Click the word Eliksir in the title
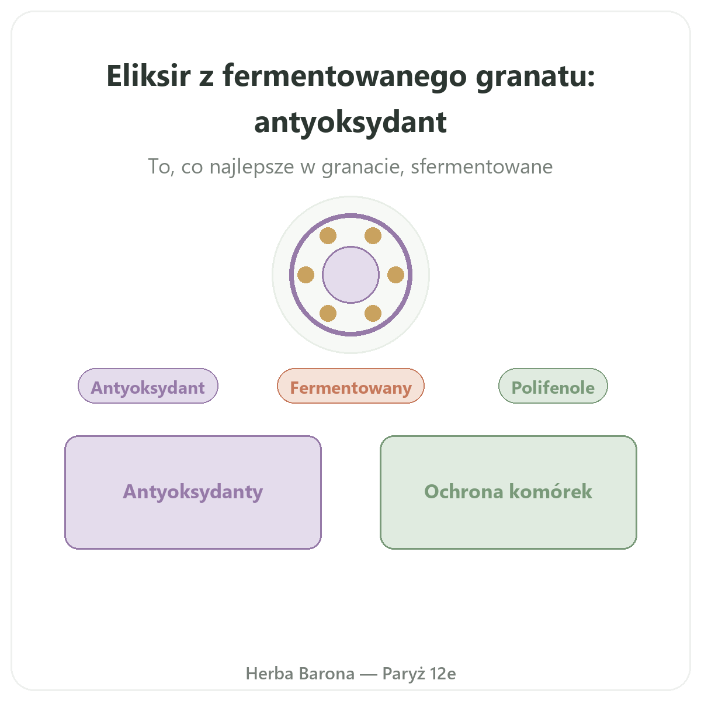148,75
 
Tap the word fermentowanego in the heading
344,77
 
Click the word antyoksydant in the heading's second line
350,123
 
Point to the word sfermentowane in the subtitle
481,166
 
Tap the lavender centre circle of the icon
350,275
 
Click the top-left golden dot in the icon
328,236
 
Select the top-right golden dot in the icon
373,236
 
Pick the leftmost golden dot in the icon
306,275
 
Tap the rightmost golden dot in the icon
396,275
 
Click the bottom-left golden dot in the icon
328,313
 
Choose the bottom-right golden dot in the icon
373,313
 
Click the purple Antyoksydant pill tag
148,386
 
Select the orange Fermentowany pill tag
350,386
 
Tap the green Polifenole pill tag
553,386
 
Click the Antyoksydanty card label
193,492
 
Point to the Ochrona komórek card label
508,491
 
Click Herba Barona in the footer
300,674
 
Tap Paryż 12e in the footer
419,674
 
